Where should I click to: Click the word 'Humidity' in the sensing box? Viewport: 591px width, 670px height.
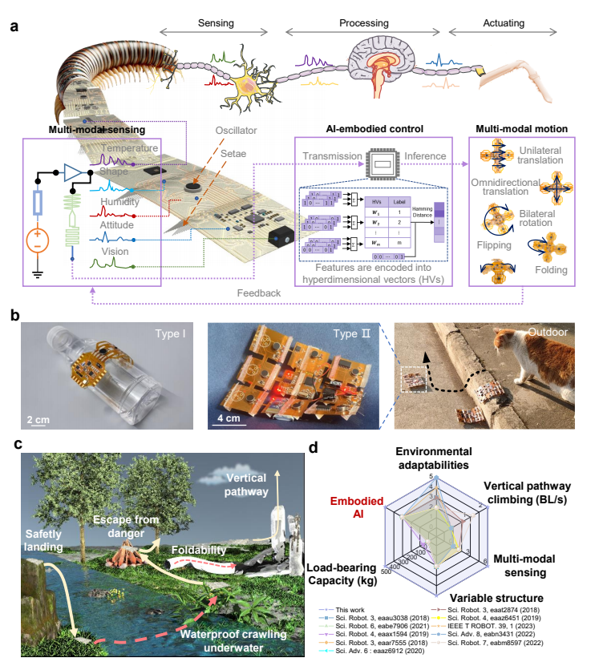coord(119,202)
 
